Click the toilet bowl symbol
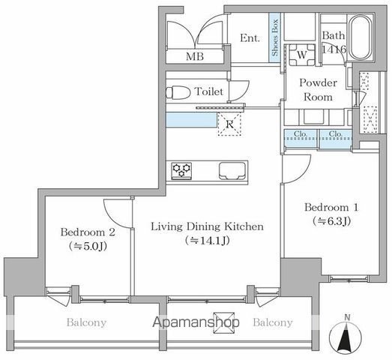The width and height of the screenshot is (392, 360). (x=178, y=92)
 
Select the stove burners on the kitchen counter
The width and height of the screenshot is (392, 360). (x=181, y=171)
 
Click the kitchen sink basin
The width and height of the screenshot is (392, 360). (x=232, y=171)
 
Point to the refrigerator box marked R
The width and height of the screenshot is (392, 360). (x=229, y=124)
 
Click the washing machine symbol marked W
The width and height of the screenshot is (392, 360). (x=302, y=55)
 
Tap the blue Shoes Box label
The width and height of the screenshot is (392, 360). (x=275, y=37)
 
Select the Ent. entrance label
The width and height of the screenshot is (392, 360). (x=250, y=38)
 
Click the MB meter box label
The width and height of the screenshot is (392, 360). (x=195, y=56)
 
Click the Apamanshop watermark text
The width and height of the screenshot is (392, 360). (x=196, y=322)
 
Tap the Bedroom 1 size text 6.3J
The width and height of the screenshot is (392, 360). (x=331, y=220)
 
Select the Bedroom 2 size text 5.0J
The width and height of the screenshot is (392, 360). (x=88, y=246)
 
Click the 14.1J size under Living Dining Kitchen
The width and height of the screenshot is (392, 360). (x=208, y=241)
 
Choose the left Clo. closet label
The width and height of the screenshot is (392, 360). (x=301, y=133)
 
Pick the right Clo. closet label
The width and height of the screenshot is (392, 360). (x=335, y=133)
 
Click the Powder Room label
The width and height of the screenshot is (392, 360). (x=318, y=89)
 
